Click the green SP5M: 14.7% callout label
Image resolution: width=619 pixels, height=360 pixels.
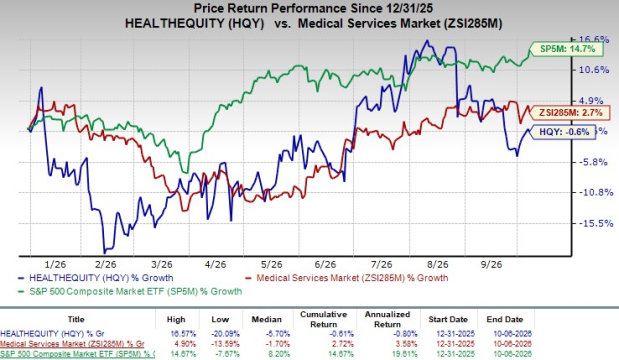[567, 49]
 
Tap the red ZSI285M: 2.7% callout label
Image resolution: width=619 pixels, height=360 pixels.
[571, 112]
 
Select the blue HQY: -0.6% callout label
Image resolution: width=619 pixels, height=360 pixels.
[564, 132]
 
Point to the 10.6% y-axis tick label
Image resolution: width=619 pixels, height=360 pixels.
[594, 70]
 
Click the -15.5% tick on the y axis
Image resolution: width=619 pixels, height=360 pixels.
[596, 223]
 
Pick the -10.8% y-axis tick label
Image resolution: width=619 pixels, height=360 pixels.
[596, 193]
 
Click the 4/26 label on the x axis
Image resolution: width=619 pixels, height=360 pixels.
[216, 264]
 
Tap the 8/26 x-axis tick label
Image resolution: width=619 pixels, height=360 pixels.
[438, 264]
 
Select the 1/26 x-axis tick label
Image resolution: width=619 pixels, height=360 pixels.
[55, 264]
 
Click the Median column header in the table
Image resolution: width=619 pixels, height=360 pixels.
[266, 319]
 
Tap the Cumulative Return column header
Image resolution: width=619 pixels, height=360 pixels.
[323, 319]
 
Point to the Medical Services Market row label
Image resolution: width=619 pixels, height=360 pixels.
[72, 344]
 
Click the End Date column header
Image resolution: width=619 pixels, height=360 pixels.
[505, 319]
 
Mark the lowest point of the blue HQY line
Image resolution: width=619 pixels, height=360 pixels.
[105, 253]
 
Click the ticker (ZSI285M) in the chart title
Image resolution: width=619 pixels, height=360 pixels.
[473, 23]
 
